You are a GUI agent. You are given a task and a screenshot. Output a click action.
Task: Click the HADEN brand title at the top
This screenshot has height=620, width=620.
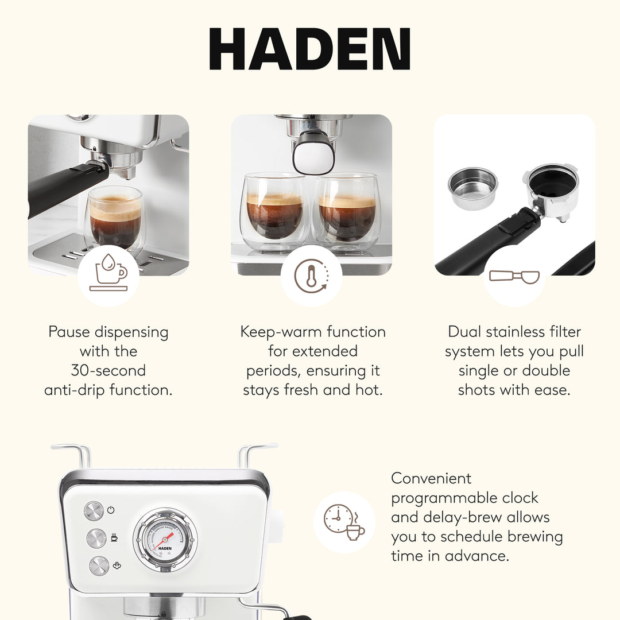310,49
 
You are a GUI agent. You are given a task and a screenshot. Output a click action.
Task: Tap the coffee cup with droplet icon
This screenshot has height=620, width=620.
108,275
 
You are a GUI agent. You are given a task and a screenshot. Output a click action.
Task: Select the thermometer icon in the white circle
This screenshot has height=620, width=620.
311,276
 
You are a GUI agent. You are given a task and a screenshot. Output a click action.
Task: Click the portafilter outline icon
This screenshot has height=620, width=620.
514,276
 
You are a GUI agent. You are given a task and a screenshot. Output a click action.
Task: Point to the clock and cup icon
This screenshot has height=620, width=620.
344,522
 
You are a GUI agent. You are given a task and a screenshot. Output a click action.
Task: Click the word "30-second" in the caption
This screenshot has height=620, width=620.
108,370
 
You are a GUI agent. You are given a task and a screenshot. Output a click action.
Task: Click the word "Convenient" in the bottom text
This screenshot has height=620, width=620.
431,478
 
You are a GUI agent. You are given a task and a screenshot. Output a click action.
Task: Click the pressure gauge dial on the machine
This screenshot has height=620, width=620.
165,539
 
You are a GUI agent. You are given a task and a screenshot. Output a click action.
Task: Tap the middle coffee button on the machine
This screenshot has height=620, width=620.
96,538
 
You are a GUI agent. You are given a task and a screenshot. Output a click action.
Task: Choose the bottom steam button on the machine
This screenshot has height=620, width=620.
99,565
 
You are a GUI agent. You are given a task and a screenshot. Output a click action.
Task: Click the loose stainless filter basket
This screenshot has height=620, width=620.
472,188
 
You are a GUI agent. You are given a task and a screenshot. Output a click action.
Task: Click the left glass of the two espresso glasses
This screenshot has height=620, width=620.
274,212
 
